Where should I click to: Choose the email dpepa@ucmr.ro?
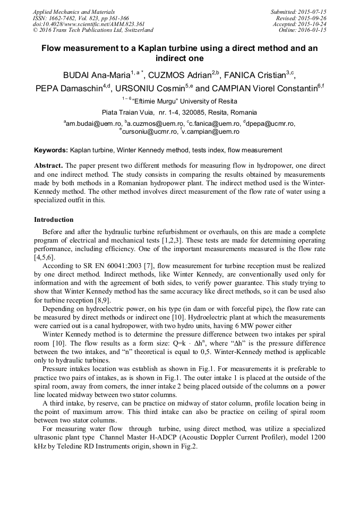[271, 124]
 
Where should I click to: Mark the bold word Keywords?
[50, 150]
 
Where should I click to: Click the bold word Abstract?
[49, 165]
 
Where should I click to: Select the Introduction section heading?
[54, 219]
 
